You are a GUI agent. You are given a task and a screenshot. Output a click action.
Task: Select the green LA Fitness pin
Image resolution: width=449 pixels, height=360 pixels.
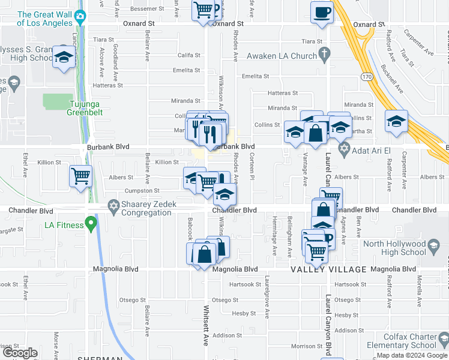pyautogui.click(x=91, y=226)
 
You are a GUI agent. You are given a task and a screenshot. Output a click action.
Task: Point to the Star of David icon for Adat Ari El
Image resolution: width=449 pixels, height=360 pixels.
pyautogui.click(x=344, y=148)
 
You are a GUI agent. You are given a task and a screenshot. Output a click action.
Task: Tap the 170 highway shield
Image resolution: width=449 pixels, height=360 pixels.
pyautogui.click(x=366, y=77)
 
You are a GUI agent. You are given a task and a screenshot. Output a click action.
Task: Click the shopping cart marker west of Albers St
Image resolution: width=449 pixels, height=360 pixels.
pyautogui.click(x=81, y=176)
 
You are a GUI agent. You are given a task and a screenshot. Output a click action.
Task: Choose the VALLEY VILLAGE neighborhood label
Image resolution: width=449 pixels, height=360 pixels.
pyautogui.click(x=328, y=269)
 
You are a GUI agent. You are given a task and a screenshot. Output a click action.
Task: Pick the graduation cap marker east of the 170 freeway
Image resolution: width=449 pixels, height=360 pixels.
pyautogui.click(x=397, y=121)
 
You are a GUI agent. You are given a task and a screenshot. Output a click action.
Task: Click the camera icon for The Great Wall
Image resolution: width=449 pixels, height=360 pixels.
pyautogui.click(x=80, y=18)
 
